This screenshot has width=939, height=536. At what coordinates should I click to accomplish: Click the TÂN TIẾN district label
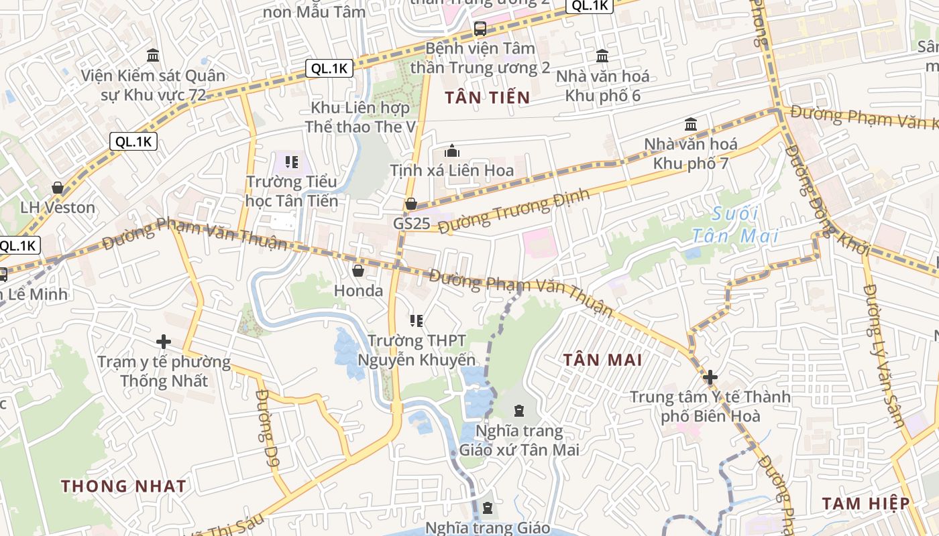[x=488, y=98]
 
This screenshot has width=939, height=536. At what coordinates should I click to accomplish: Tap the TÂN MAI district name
[x=602, y=360]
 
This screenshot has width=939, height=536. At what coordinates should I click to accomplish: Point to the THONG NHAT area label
[x=123, y=486]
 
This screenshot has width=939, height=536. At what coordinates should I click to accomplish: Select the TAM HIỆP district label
[x=866, y=503]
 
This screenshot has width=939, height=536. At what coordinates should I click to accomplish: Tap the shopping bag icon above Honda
[x=358, y=271]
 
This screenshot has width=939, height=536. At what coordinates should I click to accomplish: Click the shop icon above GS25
[x=411, y=204]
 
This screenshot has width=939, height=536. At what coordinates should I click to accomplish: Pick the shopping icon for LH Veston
[x=58, y=188]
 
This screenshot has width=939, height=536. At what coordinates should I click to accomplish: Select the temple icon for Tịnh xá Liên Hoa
[x=452, y=151]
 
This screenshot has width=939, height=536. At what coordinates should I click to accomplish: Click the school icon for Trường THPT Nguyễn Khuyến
[x=417, y=322]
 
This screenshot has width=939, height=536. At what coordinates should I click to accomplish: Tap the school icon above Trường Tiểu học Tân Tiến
[x=291, y=161]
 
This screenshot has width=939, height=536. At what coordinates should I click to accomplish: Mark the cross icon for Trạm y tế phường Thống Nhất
[x=163, y=342]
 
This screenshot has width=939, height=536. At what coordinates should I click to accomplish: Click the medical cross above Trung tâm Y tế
[x=710, y=377]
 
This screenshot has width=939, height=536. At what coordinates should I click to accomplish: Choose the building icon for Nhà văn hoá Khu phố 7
[x=691, y=125]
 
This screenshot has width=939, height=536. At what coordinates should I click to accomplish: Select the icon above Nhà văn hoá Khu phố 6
[x=602, y=56]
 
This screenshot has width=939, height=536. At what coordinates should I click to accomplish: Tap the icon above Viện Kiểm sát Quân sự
[x=153, y=55]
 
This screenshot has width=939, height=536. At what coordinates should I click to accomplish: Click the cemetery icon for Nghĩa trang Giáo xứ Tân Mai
[x=518, y=410]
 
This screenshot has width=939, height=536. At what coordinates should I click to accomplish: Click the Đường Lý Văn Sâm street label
[x=884, y=355]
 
